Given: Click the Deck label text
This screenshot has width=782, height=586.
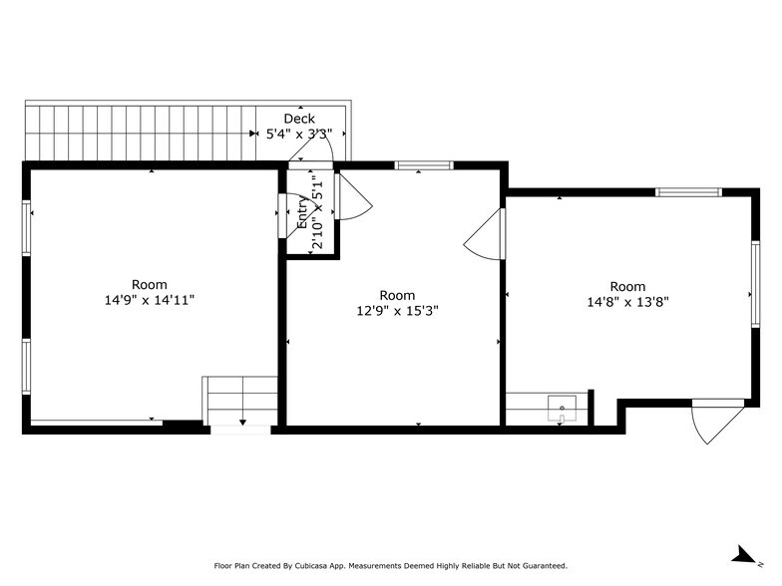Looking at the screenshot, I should [299, 119].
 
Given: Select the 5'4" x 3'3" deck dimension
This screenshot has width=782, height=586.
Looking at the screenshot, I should [299, 135].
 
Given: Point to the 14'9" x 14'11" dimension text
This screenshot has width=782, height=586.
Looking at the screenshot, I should [150, 299].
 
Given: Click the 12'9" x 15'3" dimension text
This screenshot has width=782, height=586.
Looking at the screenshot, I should [397, 310].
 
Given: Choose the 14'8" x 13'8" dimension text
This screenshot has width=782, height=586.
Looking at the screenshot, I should [627, 302].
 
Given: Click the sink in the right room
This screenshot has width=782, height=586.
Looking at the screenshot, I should [563, 406].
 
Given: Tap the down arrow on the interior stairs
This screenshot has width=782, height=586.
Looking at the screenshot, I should [242, 424].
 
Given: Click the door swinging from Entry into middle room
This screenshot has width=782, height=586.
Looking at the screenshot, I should [353, 197].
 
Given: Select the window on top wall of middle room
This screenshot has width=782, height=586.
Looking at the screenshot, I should [419, 165].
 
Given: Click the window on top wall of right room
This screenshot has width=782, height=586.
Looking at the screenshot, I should [688, 191].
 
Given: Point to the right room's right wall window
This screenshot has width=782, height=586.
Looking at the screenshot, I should [754, 283].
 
